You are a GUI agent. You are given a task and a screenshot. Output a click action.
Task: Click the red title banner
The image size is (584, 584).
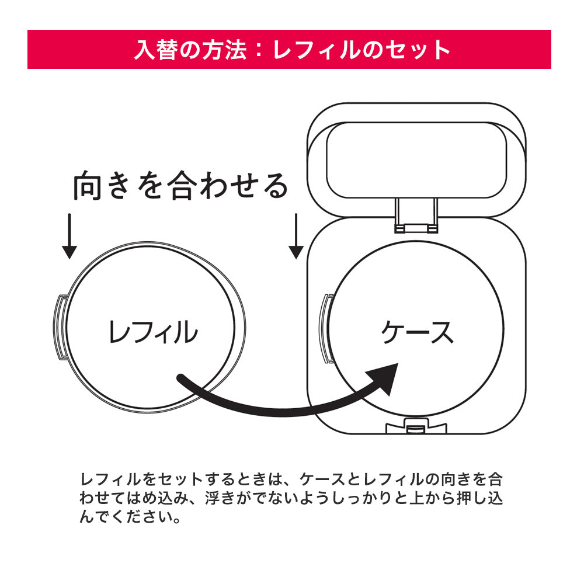point(289,49)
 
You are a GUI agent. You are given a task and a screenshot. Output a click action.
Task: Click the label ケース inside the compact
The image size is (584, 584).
point(417,332)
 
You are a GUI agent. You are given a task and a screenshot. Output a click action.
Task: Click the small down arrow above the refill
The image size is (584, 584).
point(69,236)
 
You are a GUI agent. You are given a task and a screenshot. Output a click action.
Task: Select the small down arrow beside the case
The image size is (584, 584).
point(296,236)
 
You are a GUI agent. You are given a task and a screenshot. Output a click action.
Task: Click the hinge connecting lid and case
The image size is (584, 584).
point(416,213)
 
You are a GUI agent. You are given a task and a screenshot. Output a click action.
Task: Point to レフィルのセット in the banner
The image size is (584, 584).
point(362,50)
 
